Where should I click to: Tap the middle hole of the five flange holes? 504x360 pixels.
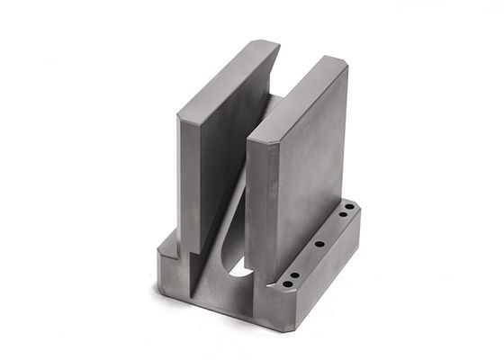(x=319, y=244)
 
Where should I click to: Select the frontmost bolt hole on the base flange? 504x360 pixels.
(x=286, y=283)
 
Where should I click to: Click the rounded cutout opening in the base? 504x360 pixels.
(x=241, y=267)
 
